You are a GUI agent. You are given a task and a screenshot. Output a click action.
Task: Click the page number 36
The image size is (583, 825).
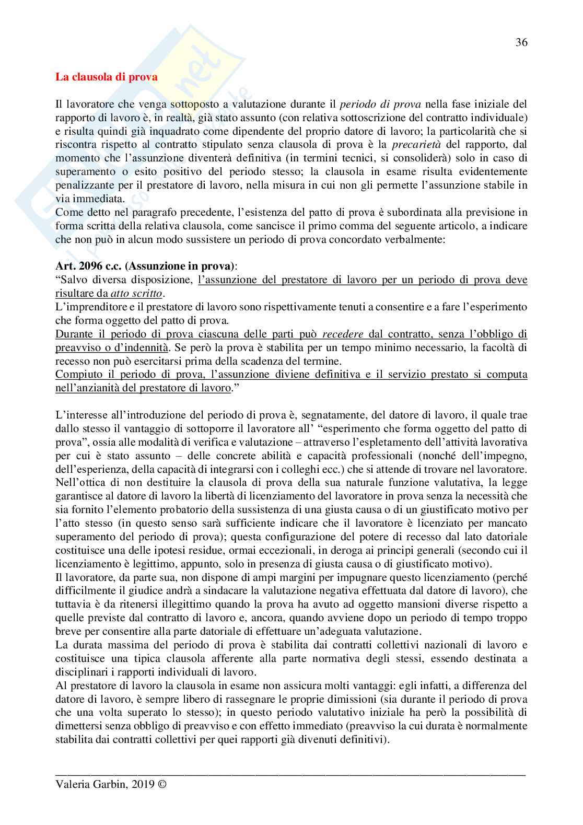(x=521, y=43)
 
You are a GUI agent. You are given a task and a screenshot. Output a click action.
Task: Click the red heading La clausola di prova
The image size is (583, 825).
(x=107, y=77)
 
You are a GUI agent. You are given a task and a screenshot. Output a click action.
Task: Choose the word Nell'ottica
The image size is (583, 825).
(x=79, y=482)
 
